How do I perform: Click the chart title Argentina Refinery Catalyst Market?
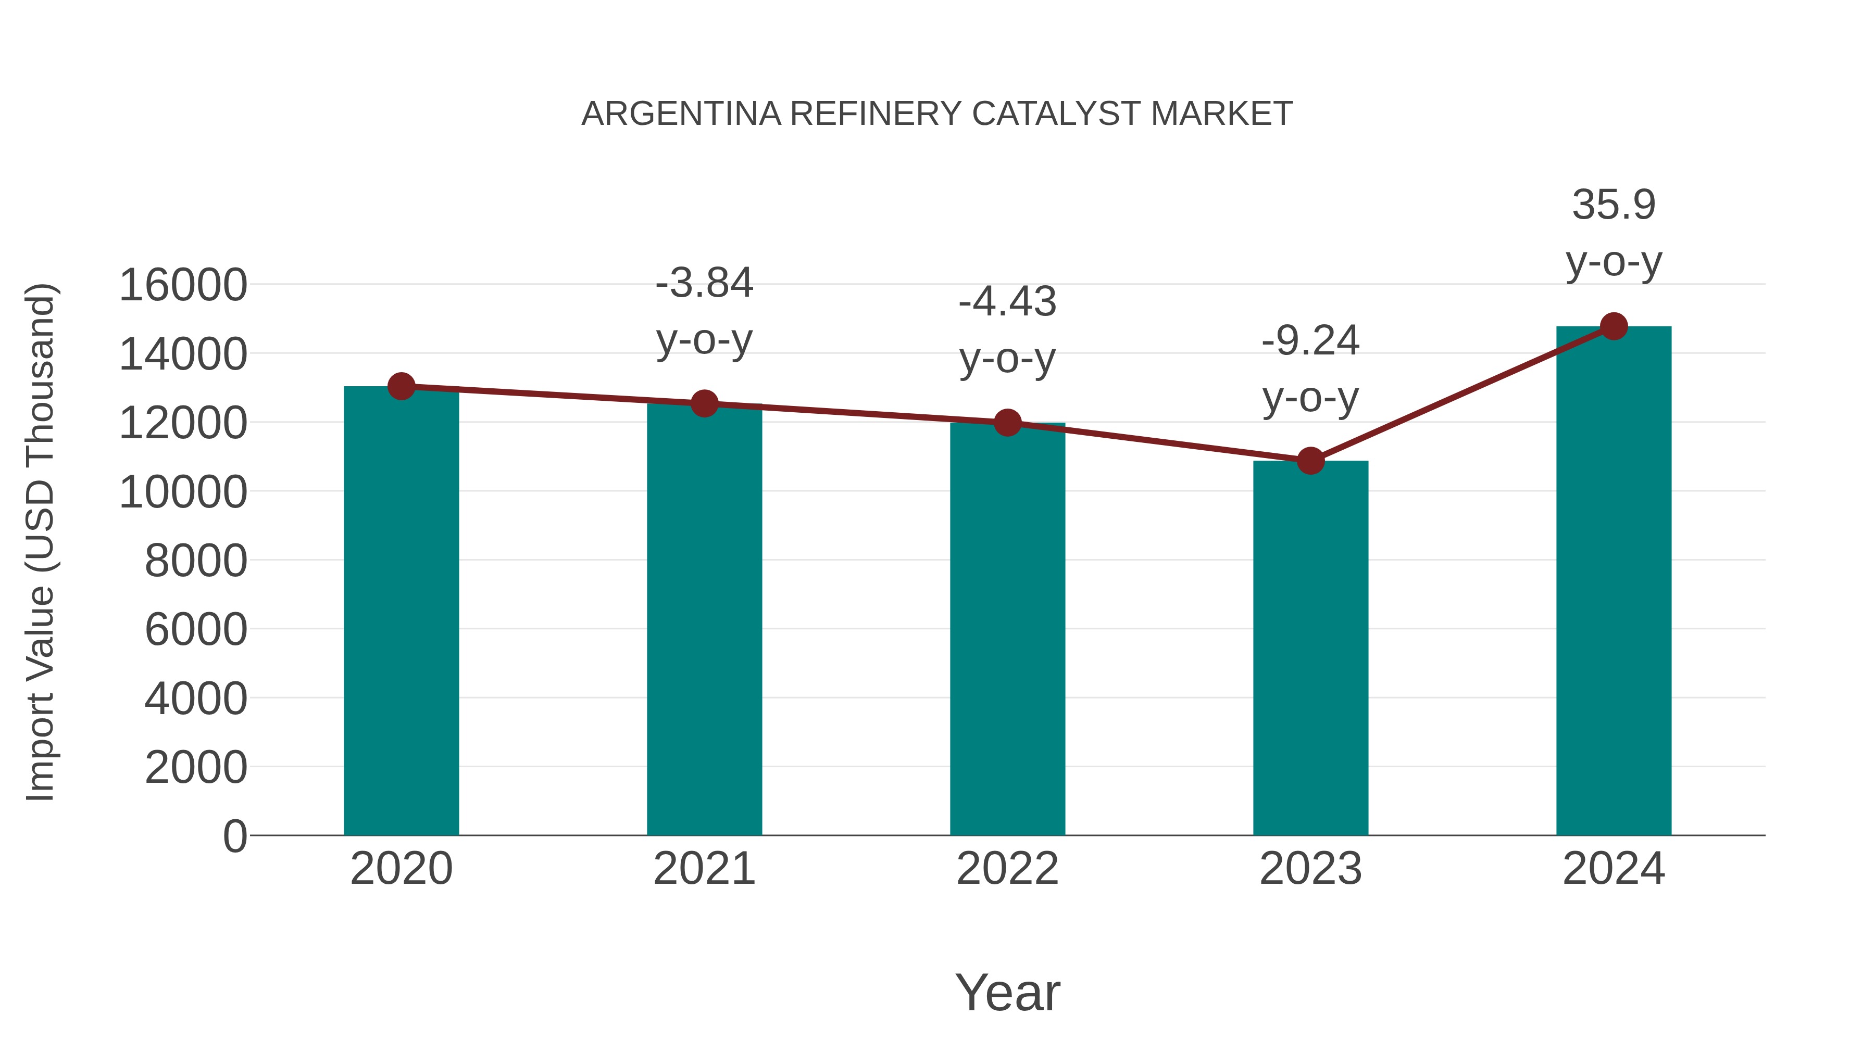tap(936, 114)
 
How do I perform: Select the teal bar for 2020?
tap(401, 618)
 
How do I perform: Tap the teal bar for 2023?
tap(1310, 655)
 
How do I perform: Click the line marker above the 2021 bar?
tap(704, 403)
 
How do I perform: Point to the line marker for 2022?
tap(1007, 422)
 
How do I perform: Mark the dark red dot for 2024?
tap(1613, 326)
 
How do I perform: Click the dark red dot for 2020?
tap(401, 386)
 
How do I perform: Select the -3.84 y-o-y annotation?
tap(704, 311)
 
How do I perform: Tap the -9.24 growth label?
tap(1310, 369)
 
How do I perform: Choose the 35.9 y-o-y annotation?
tap(1613, 233)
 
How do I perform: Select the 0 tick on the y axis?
tap(234, 836)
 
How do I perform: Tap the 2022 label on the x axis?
tap(1007, 869)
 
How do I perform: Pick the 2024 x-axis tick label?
tap(1613, 869)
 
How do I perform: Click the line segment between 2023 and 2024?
tap(1461, 393)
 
